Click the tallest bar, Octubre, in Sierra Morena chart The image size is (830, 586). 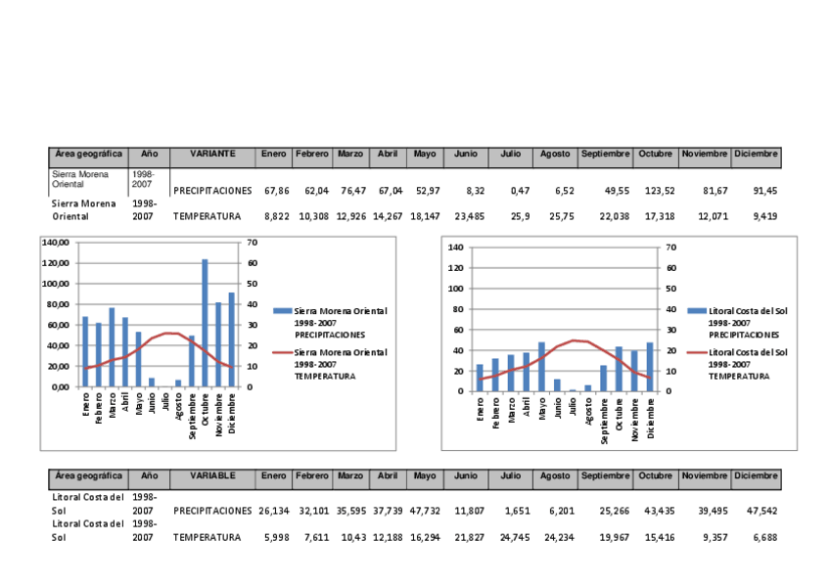(205, 323)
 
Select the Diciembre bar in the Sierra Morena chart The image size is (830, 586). (232, 339)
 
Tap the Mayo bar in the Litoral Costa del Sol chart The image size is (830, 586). (541, 367)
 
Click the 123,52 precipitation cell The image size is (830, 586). (655, 190)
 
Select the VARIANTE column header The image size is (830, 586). (212, 155)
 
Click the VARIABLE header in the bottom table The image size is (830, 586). (212, 476)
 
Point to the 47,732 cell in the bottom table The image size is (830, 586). (425, 511)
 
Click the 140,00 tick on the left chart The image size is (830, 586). (57, 243)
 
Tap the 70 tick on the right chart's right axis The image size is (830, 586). (670, 248)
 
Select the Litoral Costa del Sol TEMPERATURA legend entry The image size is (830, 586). (747, 363)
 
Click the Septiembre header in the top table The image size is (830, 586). (605, 155)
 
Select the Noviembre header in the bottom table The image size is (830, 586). (705, 476)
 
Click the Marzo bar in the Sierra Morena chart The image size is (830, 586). (113, 347)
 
